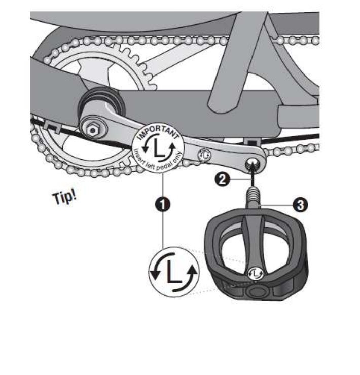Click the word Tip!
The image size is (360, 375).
point(64,196)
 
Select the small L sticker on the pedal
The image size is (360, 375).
point(257,273)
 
